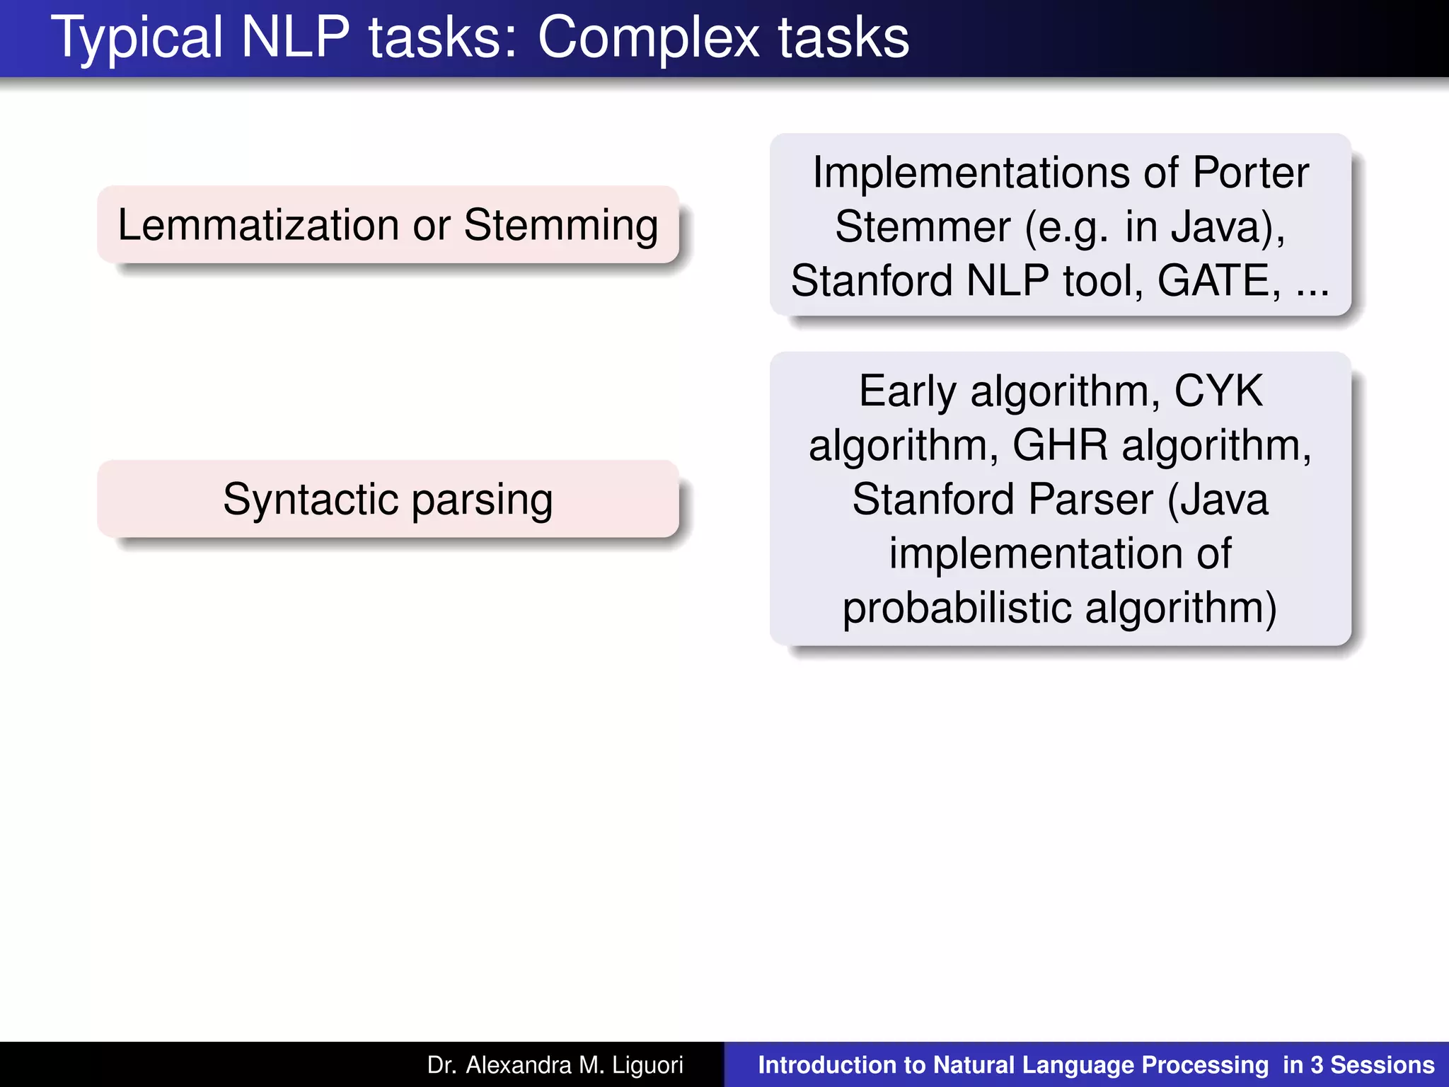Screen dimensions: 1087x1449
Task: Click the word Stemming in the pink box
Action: coord(561,225)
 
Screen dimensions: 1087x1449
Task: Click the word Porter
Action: coord(1250,173)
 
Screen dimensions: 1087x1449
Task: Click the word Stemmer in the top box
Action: coord(923,226)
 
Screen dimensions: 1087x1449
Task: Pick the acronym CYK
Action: coord(1218,391)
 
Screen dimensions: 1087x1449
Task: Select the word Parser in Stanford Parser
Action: coord(1090,499)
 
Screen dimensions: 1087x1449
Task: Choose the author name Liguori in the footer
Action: coord(647,1065)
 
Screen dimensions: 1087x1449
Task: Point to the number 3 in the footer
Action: coord(1317,1065)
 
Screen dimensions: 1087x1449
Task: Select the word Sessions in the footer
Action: coord(1382,1065)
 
